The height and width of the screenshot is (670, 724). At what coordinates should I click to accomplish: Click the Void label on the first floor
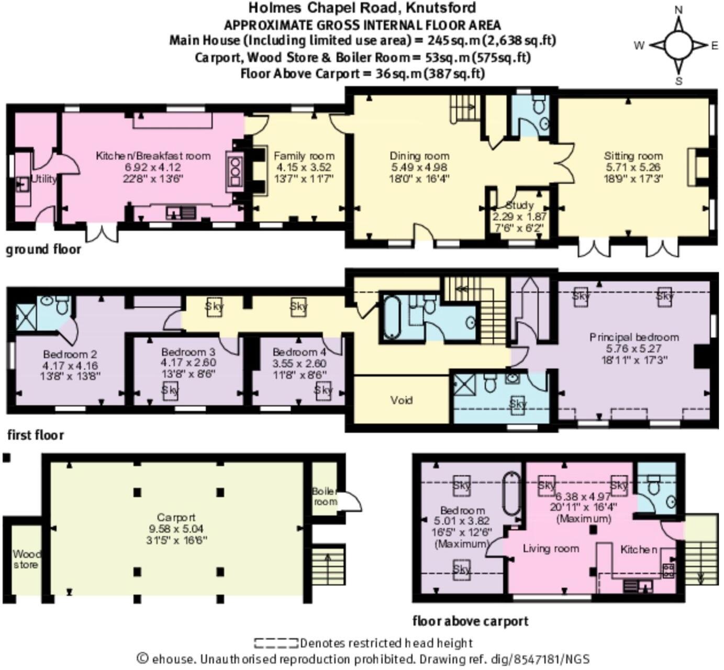402,400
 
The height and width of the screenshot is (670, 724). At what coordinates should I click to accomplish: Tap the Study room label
520,205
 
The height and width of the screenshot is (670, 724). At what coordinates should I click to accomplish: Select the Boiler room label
325,497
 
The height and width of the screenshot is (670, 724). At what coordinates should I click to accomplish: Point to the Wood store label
26,560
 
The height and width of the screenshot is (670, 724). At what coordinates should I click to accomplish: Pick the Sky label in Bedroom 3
170,390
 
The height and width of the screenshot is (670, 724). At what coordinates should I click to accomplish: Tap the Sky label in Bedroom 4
324,389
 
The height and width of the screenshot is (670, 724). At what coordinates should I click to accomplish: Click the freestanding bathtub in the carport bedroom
511,494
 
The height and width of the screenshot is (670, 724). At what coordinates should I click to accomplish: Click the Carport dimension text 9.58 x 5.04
176,529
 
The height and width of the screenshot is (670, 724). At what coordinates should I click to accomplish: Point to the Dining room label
419,156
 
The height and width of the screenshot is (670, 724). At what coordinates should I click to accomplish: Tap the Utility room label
44,179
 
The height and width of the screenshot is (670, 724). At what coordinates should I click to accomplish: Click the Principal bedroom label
634,337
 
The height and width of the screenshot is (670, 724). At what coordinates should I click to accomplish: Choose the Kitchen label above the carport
639,549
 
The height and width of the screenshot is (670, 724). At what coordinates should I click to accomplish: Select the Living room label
551,548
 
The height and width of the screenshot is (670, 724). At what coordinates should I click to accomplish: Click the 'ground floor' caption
43,250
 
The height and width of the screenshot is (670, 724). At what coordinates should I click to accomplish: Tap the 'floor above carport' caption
470,621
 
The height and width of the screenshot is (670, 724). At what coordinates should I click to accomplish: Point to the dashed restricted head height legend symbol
276,643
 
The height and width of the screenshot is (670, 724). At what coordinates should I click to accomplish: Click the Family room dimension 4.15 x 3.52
304,167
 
